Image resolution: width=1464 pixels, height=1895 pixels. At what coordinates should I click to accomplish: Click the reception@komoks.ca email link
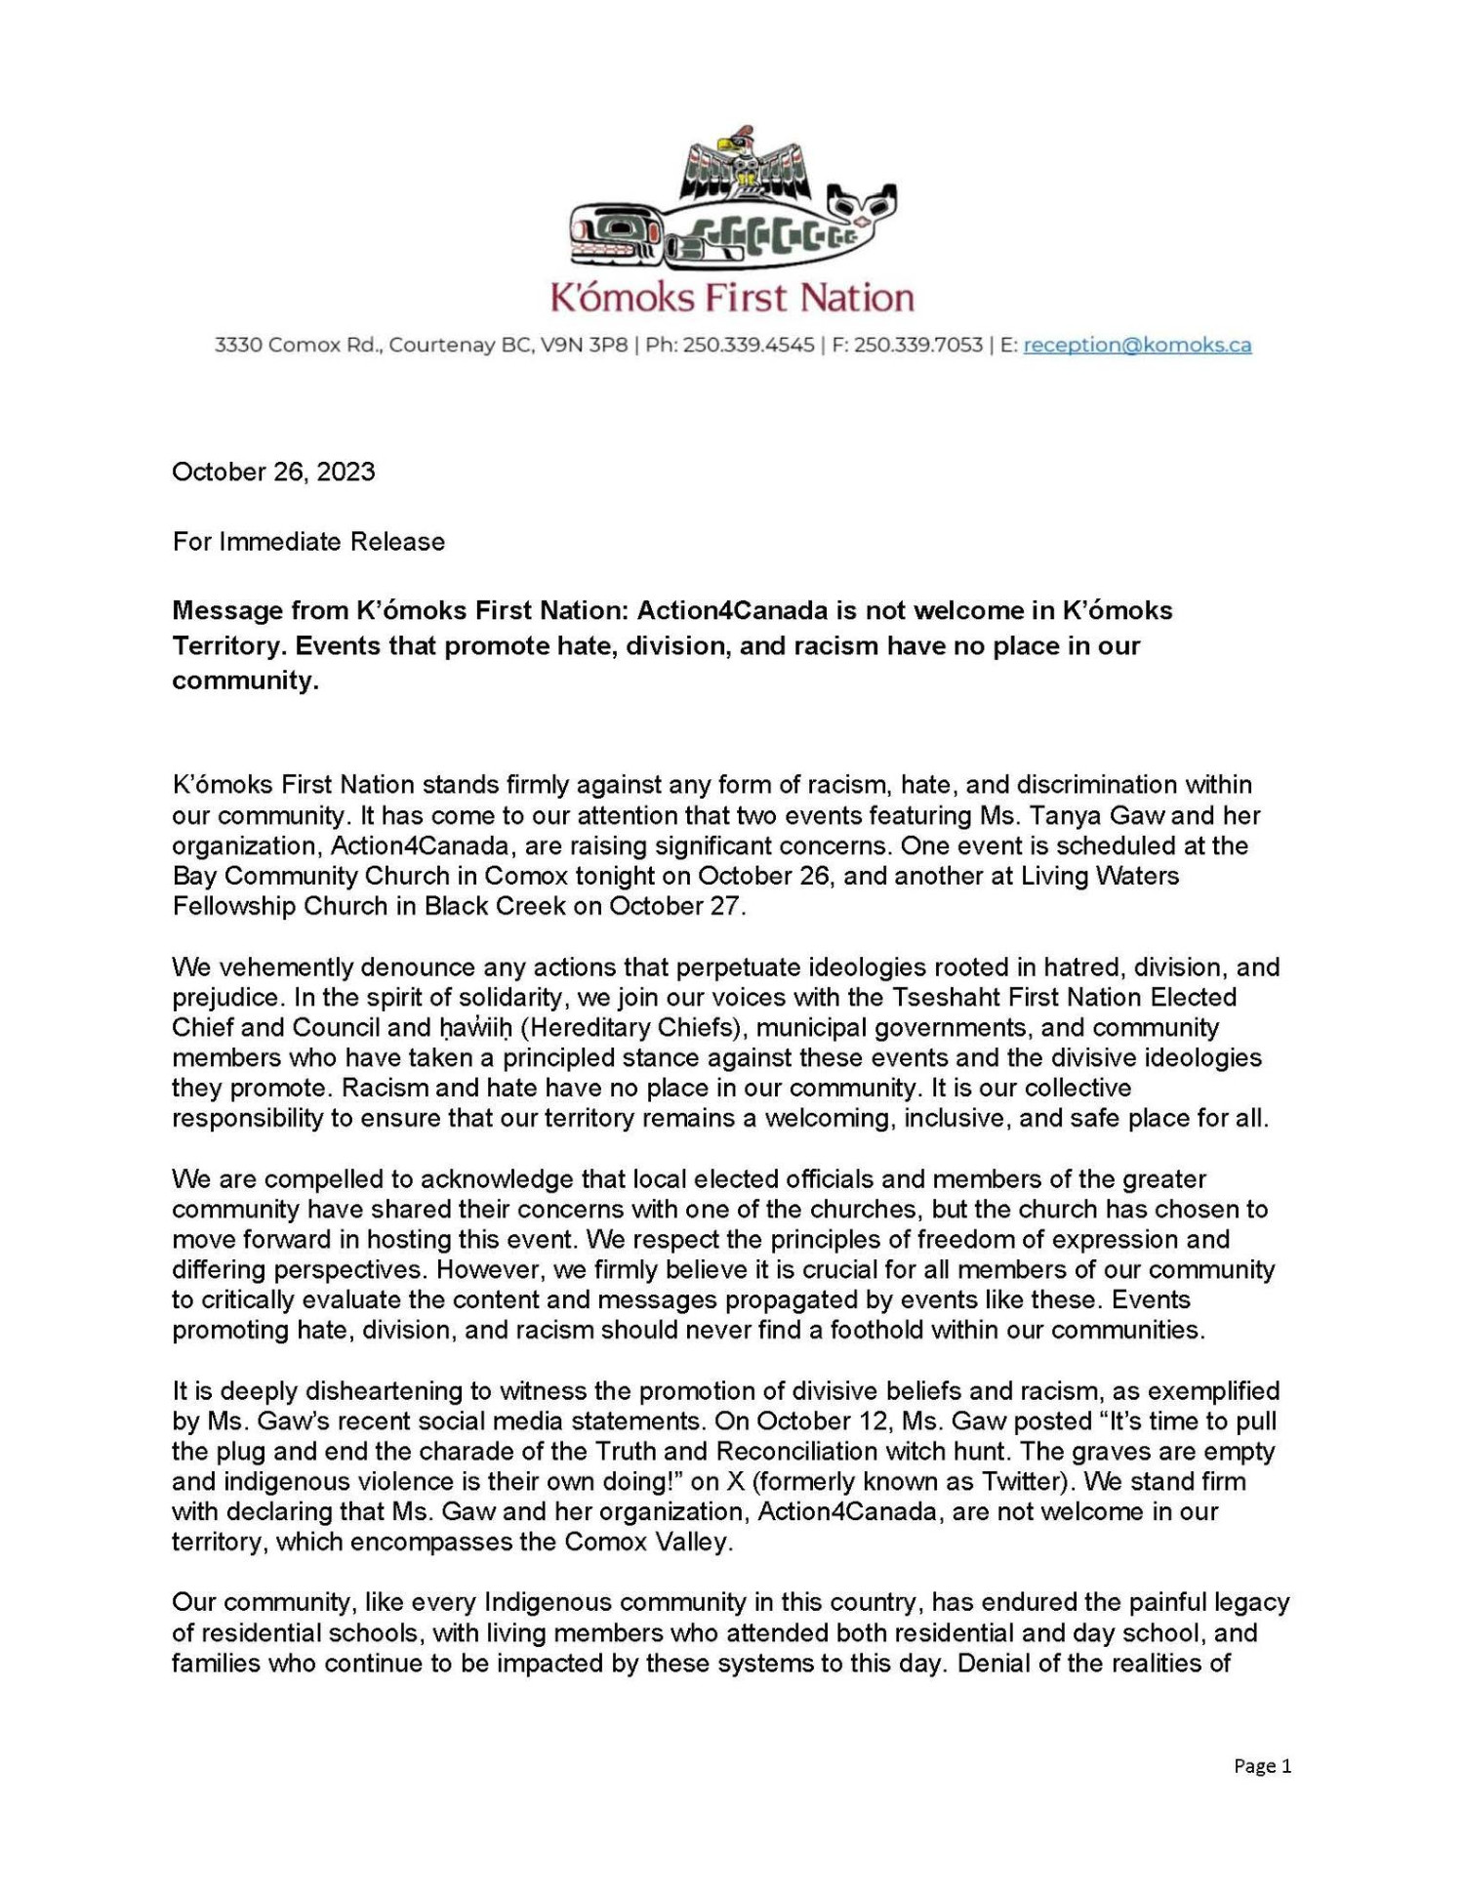tap(1137, 345)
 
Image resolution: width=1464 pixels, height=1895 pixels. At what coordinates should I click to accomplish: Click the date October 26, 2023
tap(273, 472)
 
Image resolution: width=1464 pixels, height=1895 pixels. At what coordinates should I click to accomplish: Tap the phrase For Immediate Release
tap(308, 541)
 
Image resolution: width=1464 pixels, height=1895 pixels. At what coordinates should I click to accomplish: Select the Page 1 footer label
tap(1262, 1765)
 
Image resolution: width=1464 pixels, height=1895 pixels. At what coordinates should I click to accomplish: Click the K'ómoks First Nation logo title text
tap(732, 297)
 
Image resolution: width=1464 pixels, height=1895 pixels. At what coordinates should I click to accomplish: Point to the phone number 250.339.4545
tap(748, 345)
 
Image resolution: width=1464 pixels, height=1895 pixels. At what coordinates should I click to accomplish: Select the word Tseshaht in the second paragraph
tap(942, 997)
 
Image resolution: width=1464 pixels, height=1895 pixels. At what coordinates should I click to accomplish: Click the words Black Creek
tap(494, 906)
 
